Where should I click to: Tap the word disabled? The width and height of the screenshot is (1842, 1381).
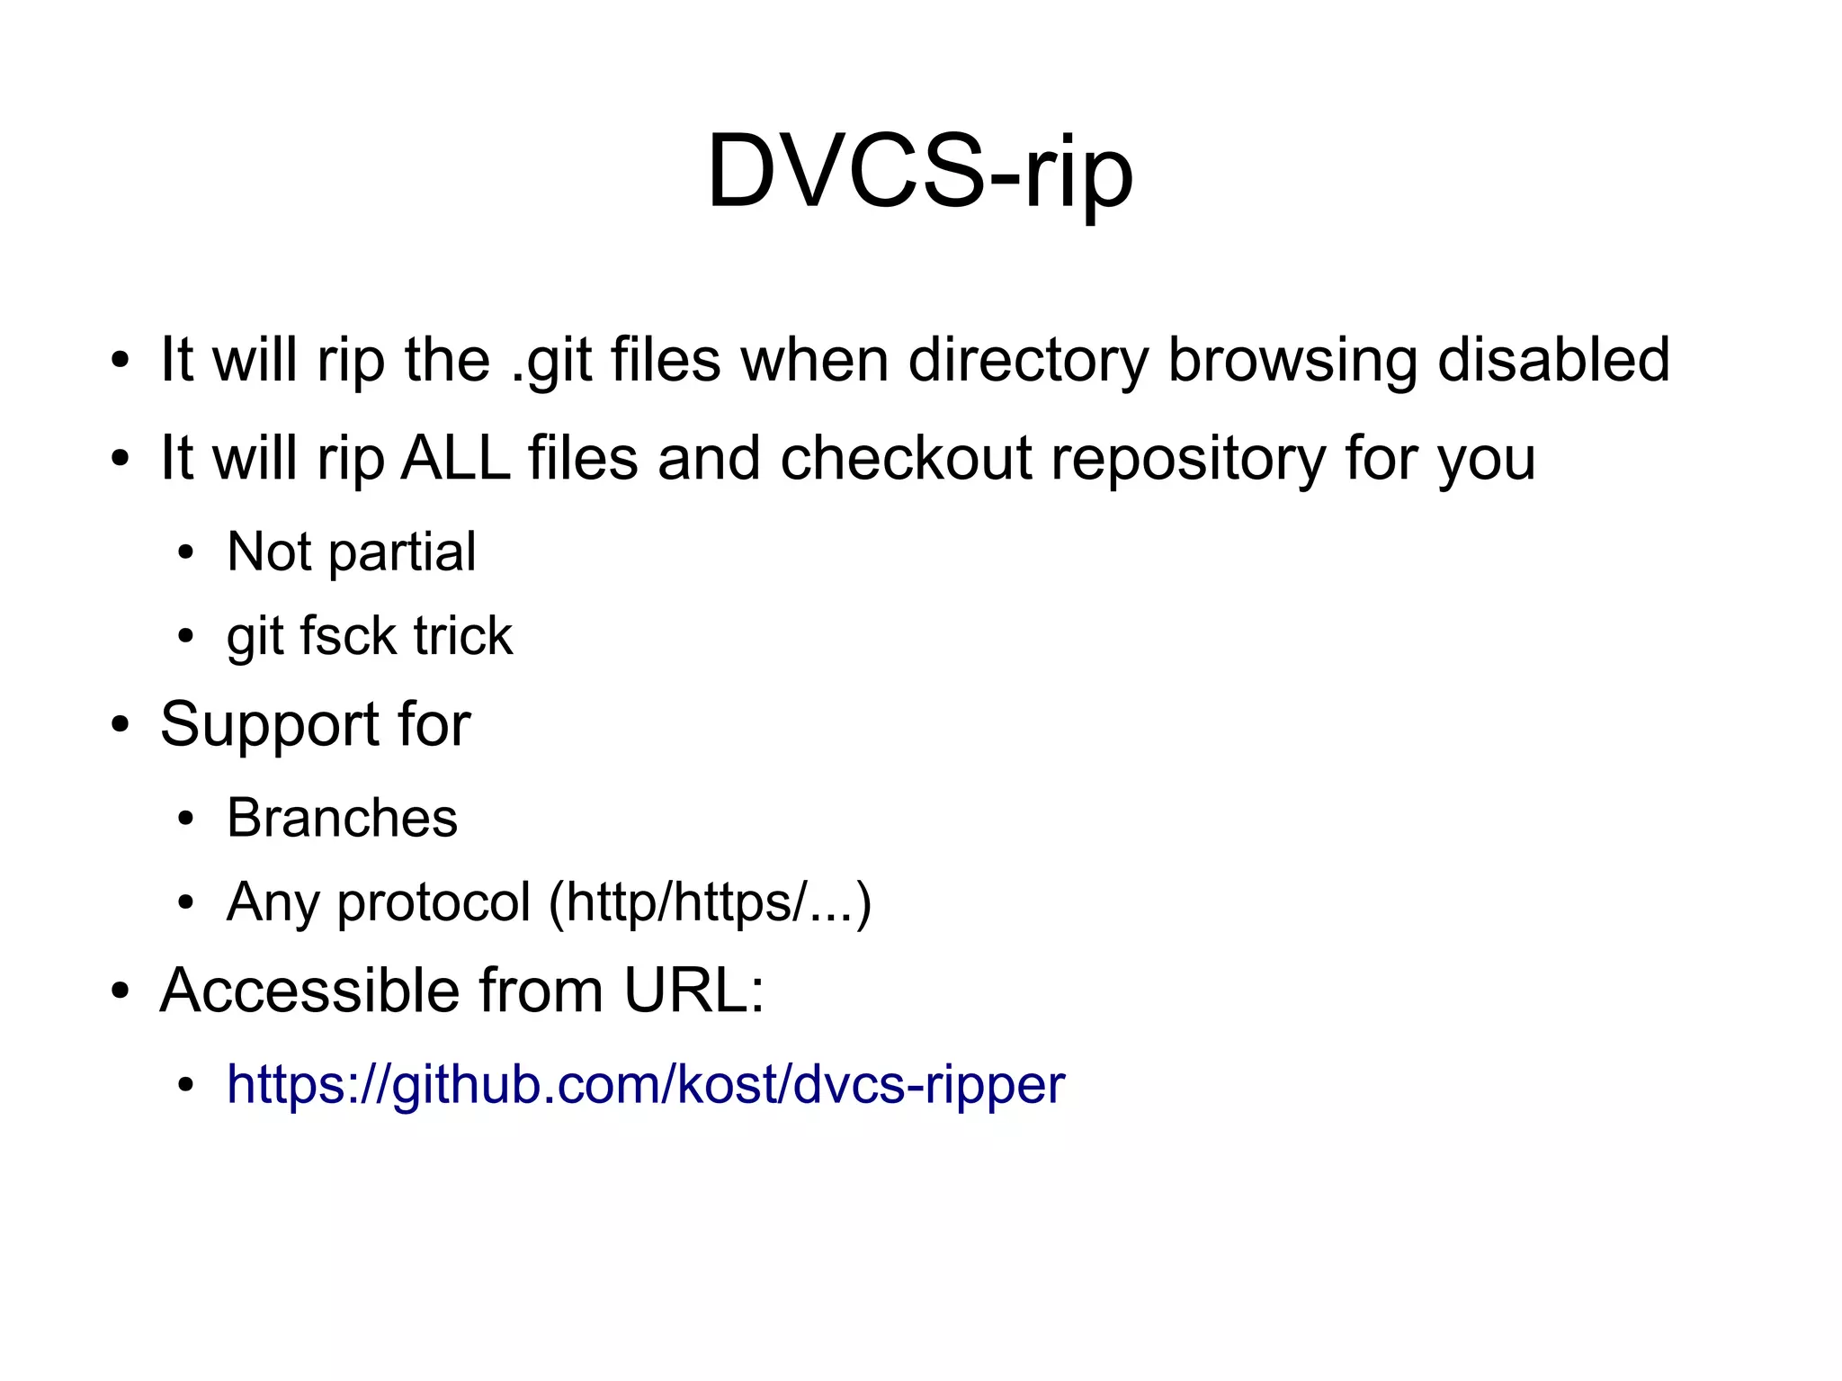tap(1553, 359)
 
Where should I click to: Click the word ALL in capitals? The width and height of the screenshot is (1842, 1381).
tap(455, 457)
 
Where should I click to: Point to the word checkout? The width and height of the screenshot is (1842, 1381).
tap(906, 457)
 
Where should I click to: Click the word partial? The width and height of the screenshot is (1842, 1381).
tap(402, 552)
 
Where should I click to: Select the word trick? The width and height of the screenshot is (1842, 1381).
tap(463, 636)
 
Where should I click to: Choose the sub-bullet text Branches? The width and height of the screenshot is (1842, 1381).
tap(342, 818)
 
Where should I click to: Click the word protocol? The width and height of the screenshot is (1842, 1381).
tap(434, 902)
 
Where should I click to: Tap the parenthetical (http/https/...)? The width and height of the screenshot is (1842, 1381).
tap(710, 902)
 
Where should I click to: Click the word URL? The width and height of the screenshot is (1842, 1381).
tap(693, 991)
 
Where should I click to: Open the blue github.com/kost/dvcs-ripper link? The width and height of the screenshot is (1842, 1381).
tap(645, 1084)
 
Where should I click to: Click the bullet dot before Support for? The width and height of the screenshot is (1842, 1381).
tap(120, 725)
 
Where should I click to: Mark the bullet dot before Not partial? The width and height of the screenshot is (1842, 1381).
tap(186, 553)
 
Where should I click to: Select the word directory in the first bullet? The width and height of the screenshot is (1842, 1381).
tap(1028, 361)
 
